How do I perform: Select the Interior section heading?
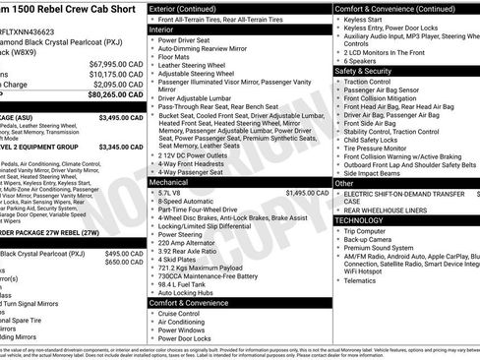coord(163,30)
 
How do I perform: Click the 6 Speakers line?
coord(364,60)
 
